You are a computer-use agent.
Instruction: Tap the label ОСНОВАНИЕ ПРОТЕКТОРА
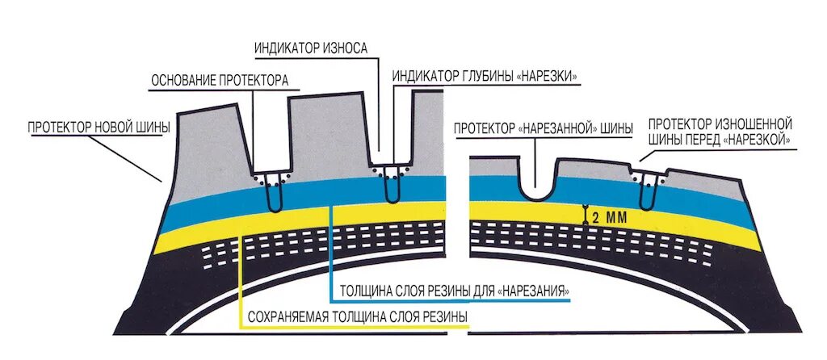[220, 81]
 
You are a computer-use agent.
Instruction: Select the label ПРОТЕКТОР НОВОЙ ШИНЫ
[99, 128]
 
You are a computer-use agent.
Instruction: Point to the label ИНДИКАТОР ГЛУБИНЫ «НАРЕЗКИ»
[487, 76]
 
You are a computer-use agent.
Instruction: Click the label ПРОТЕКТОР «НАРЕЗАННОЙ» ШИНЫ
[543, 128]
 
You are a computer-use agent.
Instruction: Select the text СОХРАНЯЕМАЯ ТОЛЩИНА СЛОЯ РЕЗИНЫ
[356, 315]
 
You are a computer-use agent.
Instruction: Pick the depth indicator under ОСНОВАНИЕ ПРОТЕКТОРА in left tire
[273, 192]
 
